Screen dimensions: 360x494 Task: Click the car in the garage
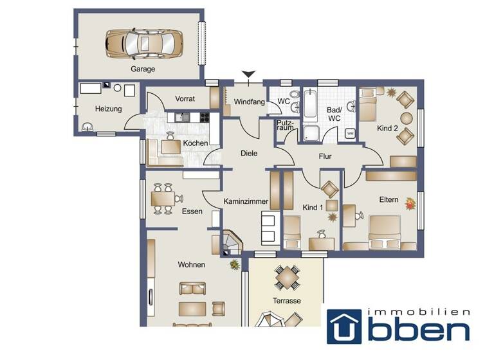pos(140,43)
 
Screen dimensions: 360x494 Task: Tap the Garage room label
pos(143,69)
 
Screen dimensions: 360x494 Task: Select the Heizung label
pos(108,109)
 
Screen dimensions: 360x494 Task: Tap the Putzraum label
pos(285,125)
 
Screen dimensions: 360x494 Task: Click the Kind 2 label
pos(387,129)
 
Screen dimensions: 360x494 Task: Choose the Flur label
pos(324,156)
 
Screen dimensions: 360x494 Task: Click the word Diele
pos(249,153)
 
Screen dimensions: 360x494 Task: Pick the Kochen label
pos(195,143)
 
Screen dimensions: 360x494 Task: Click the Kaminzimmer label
pos(246,202)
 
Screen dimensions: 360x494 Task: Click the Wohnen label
pos(192,264)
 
